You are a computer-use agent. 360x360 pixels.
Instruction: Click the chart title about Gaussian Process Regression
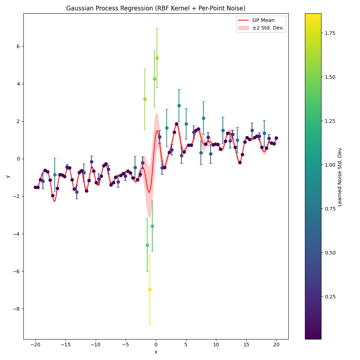click(156, 8)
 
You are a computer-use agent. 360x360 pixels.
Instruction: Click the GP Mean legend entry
click(263, 21)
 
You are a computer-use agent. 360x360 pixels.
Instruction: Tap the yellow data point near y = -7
click(150, 289)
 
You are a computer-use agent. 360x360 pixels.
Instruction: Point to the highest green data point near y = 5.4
click(157, 58)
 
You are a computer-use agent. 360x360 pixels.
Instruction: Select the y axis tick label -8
click(17, 309)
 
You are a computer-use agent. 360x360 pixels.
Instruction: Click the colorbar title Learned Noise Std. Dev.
click(340, 176)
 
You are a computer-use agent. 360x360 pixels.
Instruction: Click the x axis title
click(156, 352)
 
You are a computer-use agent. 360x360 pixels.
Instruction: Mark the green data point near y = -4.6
click(147, 245)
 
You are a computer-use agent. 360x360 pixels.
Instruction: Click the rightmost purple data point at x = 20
click(276, 138)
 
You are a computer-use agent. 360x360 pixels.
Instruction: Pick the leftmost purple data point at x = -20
click(35, 187)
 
